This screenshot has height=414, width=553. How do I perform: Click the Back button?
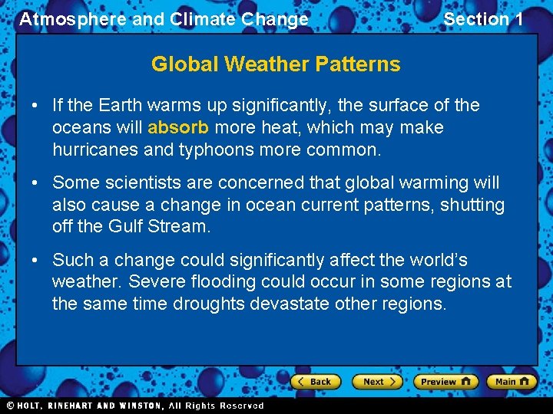click(314, 381)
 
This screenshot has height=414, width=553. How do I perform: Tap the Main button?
click(512, 381)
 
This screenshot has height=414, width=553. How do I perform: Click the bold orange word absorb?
click(178, 127)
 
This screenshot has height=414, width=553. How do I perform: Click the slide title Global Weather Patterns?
click(276, 64)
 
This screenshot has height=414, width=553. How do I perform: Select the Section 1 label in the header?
click(483, 19)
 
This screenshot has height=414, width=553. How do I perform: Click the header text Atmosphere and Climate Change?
click(164, 19)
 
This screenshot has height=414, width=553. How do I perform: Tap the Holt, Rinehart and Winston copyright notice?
click(135, 406)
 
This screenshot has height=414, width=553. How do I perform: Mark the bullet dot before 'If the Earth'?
click(36, 105)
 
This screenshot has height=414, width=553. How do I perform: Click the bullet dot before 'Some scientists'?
click(36, 183)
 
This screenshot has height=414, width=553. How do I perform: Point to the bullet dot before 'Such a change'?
click(36, 260)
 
